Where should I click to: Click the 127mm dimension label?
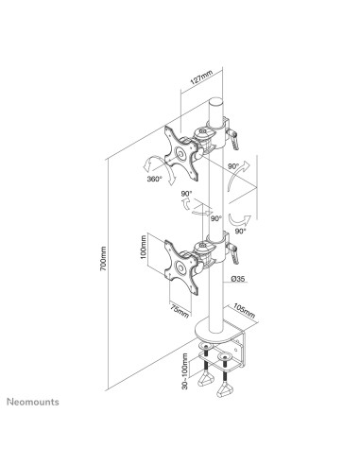pyautogui.click(x=201, y=77)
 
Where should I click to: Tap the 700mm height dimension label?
pyautogui.click(x=104, y=258)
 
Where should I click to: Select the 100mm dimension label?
pyautogui.click(x=144, y=248)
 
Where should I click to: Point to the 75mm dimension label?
pyautogui.click(x=180, y=311)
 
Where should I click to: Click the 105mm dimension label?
pyautogui.click(x=244, y=311)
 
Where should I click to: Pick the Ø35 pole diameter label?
pyautogui.click(x=238, y=278)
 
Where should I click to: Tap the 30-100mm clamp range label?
pyautogui.click(x=185, y=371)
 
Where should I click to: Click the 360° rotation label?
pyautogui.click(x=154, y=179)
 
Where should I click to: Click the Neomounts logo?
pyautogui.click(x=33, y=402)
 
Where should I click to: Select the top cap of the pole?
pyautogui.click(x=216, y=102)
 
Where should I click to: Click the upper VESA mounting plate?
pyautogui.click(x=181, y=153)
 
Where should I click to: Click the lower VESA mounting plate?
pyautogui.click(x=181, y=267)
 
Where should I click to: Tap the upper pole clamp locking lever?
pyautogui.click(x=233, y=139)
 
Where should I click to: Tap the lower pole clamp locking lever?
pyautogui.click(x=233, y=253)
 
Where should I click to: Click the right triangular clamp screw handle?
pyautogui.click(x=224, y=389)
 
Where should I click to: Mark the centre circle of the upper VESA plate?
pyautogui.click(x=181, y=154)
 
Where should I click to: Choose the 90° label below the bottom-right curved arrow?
pyautogui.click(x=240, y=232)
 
